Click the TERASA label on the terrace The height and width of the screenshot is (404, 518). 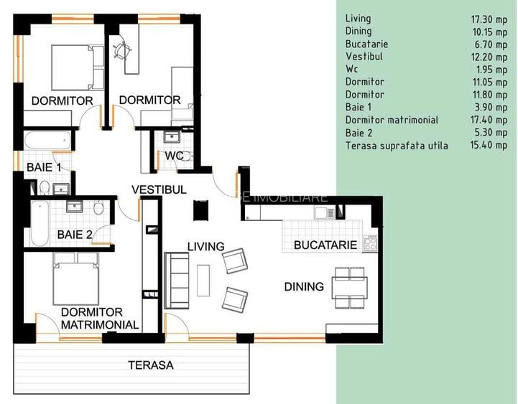151,365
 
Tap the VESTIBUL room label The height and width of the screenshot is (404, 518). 159,189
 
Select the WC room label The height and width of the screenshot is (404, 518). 174,156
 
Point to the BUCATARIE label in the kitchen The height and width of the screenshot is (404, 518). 325,245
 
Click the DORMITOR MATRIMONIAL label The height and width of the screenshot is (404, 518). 100,319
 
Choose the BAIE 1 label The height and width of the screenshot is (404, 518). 44,167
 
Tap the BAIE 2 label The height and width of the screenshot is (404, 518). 75,234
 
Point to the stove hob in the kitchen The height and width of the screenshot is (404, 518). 371,243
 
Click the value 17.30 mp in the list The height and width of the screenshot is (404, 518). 488,19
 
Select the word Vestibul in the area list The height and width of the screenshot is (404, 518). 364,56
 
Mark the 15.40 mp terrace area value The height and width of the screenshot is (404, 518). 488,146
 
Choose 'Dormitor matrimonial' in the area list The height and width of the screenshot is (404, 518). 392,120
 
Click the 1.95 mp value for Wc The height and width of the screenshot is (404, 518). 491,69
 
